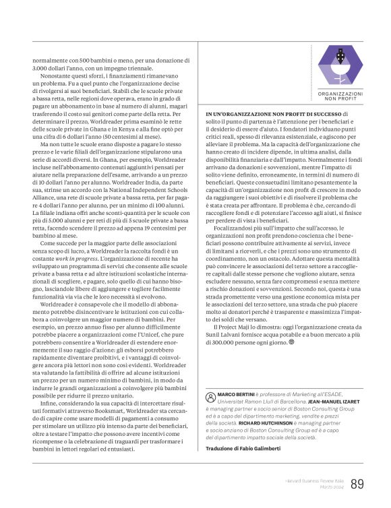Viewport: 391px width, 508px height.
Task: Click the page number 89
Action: click(x=357, y=484)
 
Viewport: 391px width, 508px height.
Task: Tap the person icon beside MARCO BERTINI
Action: click(x=211, y=395)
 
